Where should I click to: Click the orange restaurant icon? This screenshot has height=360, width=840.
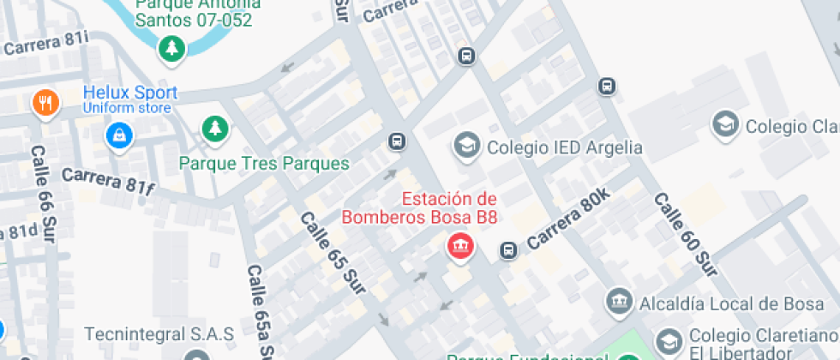click(x=45, y=105)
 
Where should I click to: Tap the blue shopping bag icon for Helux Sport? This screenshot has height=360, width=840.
click(x=119, y=135)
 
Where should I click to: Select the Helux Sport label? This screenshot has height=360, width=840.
click(x=130, y=93)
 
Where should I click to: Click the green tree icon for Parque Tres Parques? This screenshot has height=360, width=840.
click(x=213, y=129)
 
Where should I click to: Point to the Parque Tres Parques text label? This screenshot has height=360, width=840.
click(x=264, y=163)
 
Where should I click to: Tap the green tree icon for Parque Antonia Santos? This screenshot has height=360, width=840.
click(x=173, y=48)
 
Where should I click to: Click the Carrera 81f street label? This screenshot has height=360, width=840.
click(x=106, y=182)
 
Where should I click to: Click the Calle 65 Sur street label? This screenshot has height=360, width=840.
click(x=333, y=249)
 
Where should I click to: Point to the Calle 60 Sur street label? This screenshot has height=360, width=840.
click(x=685, y=234)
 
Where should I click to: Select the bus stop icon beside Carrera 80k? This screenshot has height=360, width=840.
click(x=508, y=250)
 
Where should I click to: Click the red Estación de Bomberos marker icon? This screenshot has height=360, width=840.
click(x=461, y=247)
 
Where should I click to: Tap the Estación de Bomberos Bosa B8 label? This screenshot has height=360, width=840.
click(x=420, y=207)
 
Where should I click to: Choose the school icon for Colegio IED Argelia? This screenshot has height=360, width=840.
click(x=467, y=147)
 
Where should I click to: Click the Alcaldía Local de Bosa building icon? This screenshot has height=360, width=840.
click(x=618, y=302)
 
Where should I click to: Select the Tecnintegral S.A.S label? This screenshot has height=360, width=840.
click(x=159, y=333)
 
